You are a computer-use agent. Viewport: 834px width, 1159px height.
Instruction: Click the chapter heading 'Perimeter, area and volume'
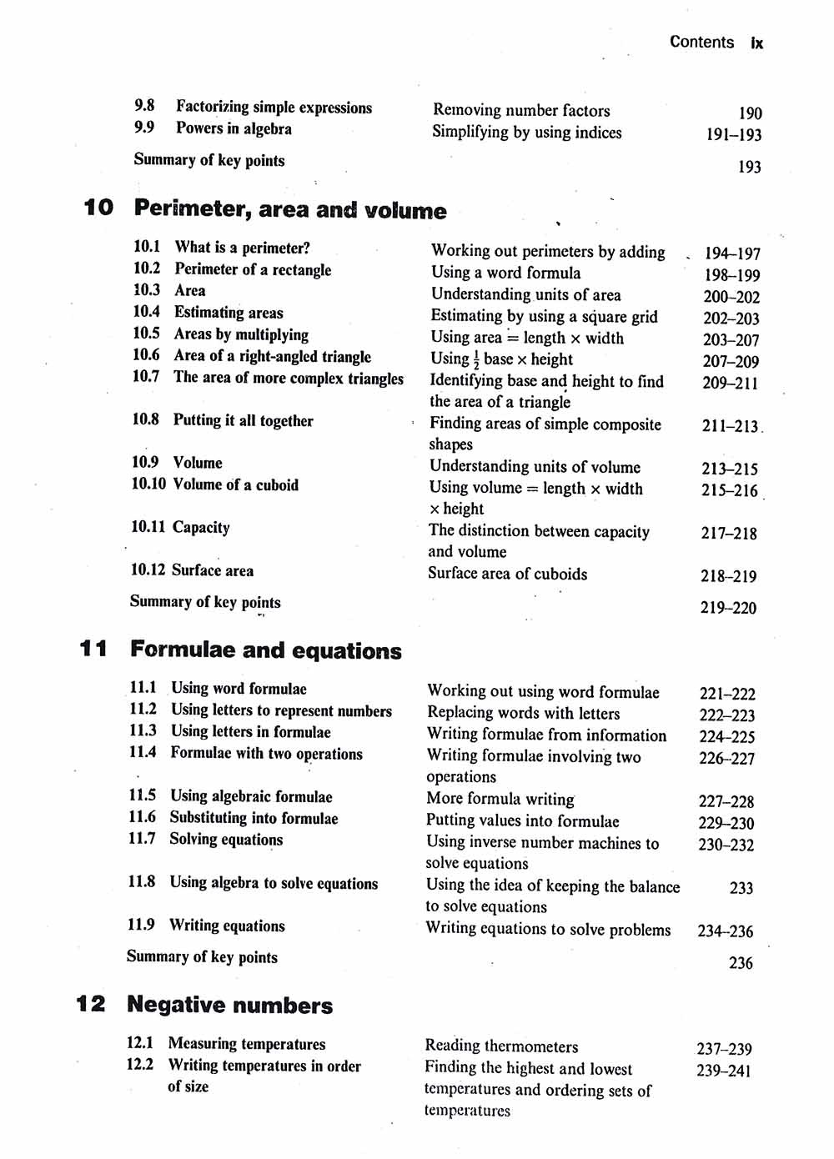(290, 209)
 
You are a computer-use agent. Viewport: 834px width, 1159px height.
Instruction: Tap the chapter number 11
(93, 649)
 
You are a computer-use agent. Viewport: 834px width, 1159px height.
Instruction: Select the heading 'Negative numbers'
(229, 1006)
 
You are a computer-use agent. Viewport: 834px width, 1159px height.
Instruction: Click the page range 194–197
(732, 253)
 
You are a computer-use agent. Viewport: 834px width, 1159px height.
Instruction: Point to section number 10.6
(146, 355)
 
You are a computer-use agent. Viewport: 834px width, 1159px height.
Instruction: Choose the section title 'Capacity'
(201, 527)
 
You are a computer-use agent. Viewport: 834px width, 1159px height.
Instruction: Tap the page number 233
(741, 888)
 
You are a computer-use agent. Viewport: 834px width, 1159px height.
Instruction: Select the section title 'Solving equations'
(226, 840)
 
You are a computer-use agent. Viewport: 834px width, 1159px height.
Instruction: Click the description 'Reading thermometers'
(501, 1046)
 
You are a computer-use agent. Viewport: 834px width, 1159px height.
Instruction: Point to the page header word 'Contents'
(701, 42)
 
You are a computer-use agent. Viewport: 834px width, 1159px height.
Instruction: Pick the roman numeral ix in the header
(756, 43)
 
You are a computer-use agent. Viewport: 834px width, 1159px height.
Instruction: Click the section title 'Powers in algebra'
(234, 128)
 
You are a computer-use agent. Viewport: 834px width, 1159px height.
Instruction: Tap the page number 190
(750, 113)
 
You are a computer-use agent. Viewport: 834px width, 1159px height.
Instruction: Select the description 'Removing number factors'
(521, 110)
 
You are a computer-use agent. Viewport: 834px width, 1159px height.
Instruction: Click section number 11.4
(143, 752)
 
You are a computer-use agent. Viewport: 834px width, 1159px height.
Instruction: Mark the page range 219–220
(728, 608)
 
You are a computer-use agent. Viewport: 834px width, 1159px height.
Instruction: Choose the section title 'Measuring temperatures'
(247, 1044)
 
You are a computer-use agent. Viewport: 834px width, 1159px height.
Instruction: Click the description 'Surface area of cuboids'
(507, 574)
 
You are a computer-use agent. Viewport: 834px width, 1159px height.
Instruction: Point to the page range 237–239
(724, 1049)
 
